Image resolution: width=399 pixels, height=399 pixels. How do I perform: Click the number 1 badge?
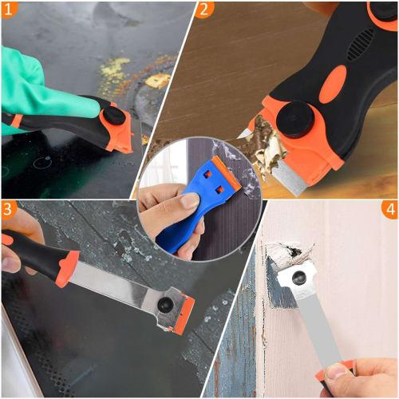[x=11, y=10]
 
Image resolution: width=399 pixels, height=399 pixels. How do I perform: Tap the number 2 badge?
[x=205, y=10]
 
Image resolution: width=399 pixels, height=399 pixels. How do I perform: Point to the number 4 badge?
[x=388, y=211]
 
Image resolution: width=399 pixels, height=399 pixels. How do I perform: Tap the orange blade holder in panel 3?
[x=183, y=314]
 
